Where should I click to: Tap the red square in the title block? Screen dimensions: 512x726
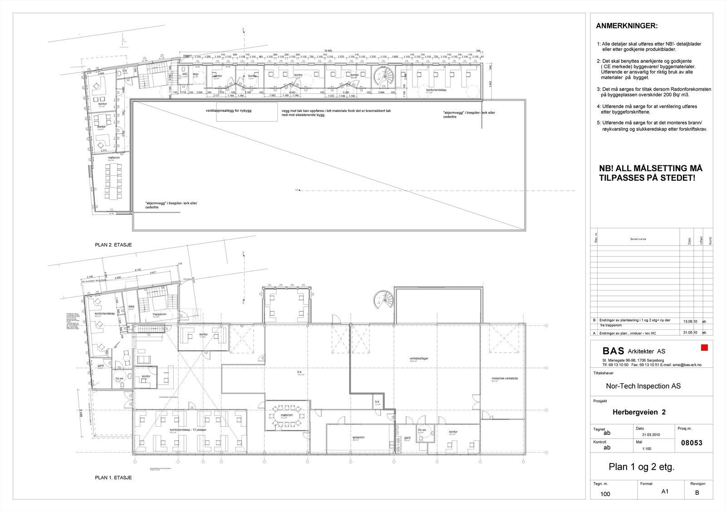coord(705,348)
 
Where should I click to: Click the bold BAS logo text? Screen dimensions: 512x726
coord(613,351)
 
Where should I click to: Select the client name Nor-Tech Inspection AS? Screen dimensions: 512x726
coord(643,386)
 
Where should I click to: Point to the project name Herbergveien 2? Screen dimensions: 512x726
coord(639,412)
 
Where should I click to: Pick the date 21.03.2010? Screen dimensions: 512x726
coord(650,435)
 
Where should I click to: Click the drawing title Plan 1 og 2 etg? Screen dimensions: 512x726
coord(641,467)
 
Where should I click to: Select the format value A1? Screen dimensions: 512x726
coord(665,491)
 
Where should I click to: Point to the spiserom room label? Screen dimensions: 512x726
coord(358,437)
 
